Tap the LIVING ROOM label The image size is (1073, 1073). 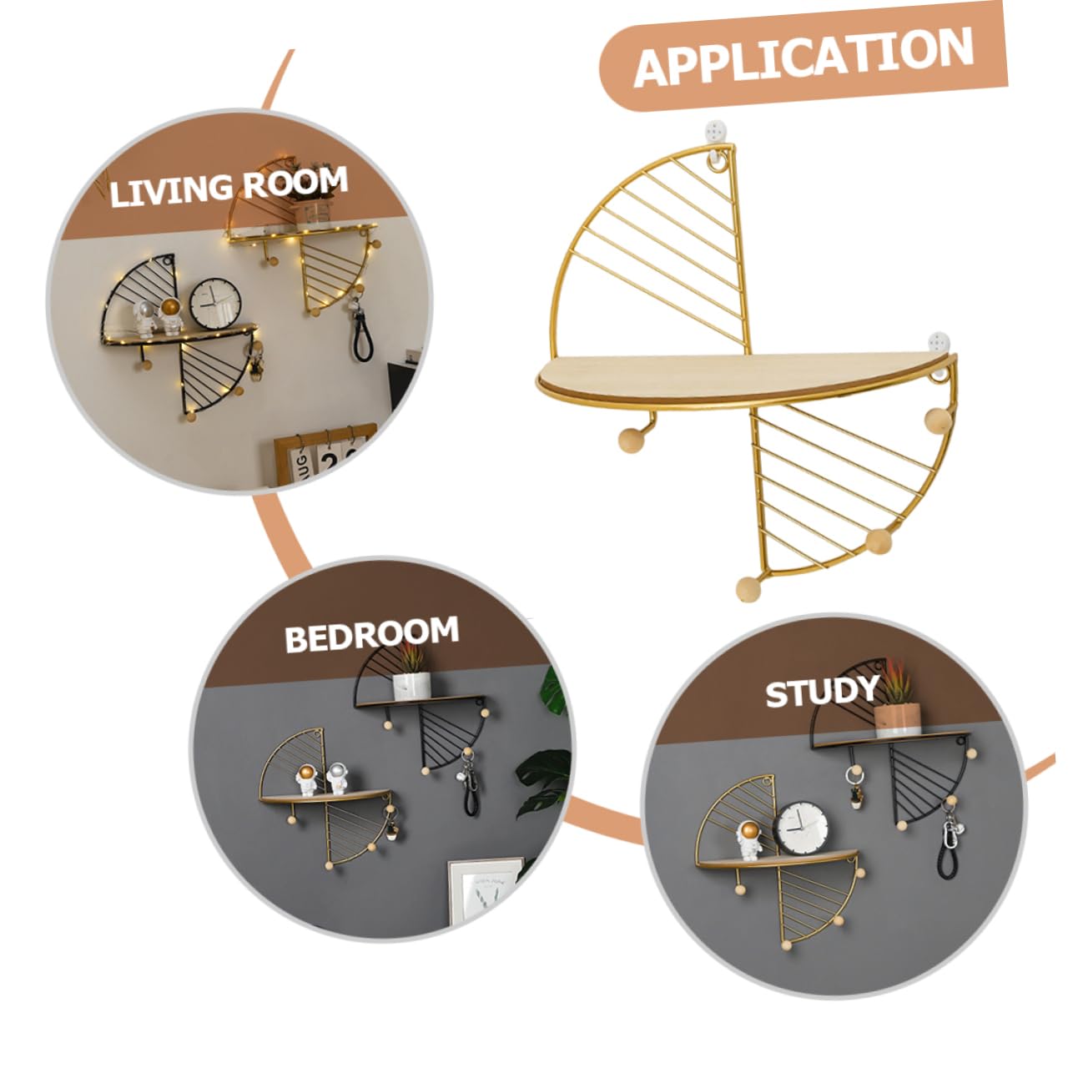228,186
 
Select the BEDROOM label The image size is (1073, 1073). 371,634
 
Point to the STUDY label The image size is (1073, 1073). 822,692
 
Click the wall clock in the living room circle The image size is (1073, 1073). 215,304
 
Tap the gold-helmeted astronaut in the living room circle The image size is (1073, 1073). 169,315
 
